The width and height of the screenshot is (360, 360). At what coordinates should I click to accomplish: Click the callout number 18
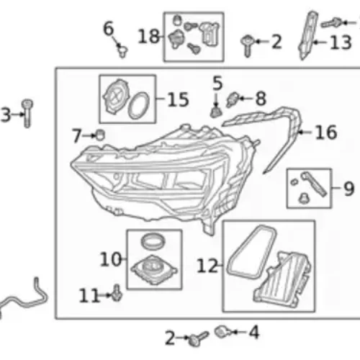click(x=148, y=37)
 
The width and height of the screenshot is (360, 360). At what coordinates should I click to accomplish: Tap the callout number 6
click(x=108, y=28)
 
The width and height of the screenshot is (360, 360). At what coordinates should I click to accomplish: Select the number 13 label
click(x=341, y=42)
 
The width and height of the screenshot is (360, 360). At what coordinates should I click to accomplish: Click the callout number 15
click(x=178, y=99)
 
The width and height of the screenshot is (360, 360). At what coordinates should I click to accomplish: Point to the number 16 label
click(x=326, y=132)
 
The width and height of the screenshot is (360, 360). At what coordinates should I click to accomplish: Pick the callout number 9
click(x=349, y=189)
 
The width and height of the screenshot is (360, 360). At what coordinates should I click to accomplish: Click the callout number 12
click(x=207, y=266)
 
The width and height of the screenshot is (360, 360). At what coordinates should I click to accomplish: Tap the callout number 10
click(x=110, y=259)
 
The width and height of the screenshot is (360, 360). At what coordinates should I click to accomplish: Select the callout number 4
click(x=254, y=332)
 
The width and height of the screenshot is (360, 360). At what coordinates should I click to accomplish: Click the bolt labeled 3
click(x=27, y=113)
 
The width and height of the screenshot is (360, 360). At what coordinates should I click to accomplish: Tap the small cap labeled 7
click(x=100, y=135)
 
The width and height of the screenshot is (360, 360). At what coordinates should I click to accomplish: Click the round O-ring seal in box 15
click(x=138, y=106)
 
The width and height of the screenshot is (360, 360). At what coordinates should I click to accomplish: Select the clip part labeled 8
click(x=233, y=99)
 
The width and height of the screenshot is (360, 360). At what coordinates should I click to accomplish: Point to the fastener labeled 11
click(x=117, y=293)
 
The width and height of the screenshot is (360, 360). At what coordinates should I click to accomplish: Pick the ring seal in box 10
click(x=153, y=241)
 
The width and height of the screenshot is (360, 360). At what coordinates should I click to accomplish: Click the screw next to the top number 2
click(x=247, y=46)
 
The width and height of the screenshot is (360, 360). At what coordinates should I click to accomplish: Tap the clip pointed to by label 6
click(x=122, y=51)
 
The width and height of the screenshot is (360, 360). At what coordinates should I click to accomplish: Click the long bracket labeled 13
click(x=308, y=35)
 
